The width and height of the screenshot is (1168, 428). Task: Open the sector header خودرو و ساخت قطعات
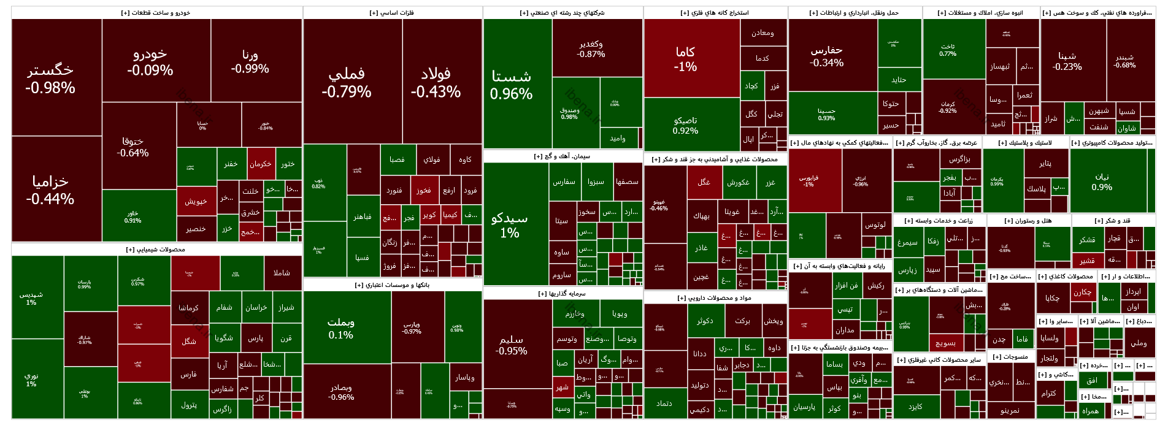(x=157, y=13)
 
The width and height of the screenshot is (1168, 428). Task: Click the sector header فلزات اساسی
(x=393, y=13)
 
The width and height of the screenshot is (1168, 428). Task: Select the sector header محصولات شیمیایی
(x=156, y=250)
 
